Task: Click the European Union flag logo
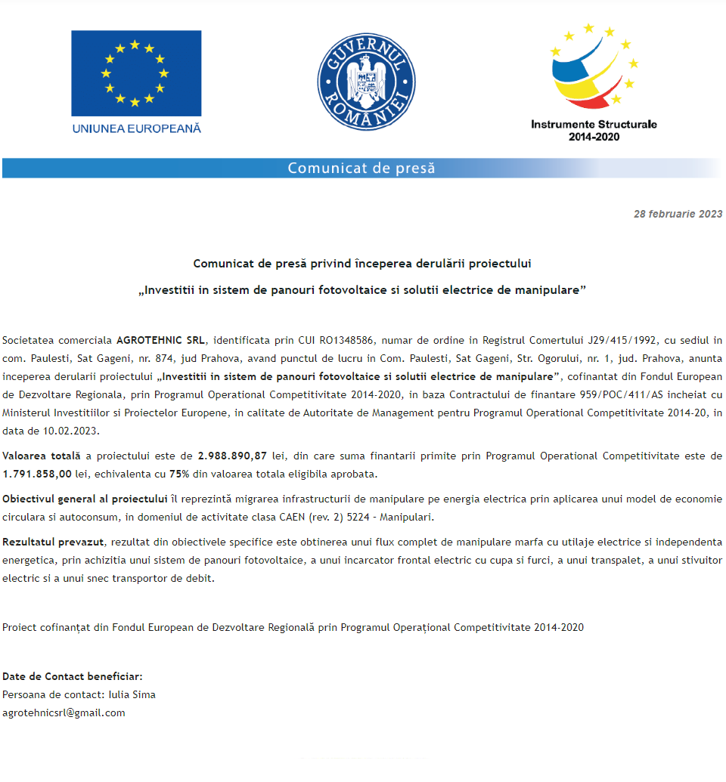pos(136,73)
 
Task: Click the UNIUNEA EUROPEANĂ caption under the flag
pos(137,128)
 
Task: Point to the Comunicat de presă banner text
pos(361,168)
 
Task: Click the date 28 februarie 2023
pos(678,215)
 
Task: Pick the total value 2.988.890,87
pos(232,456)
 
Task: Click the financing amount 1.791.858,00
pos(37,474)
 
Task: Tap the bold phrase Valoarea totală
pos(42,456)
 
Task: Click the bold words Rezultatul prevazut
pos(54,542)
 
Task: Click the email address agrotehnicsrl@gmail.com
pos(64,712)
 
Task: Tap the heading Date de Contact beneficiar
pos(73,676)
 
